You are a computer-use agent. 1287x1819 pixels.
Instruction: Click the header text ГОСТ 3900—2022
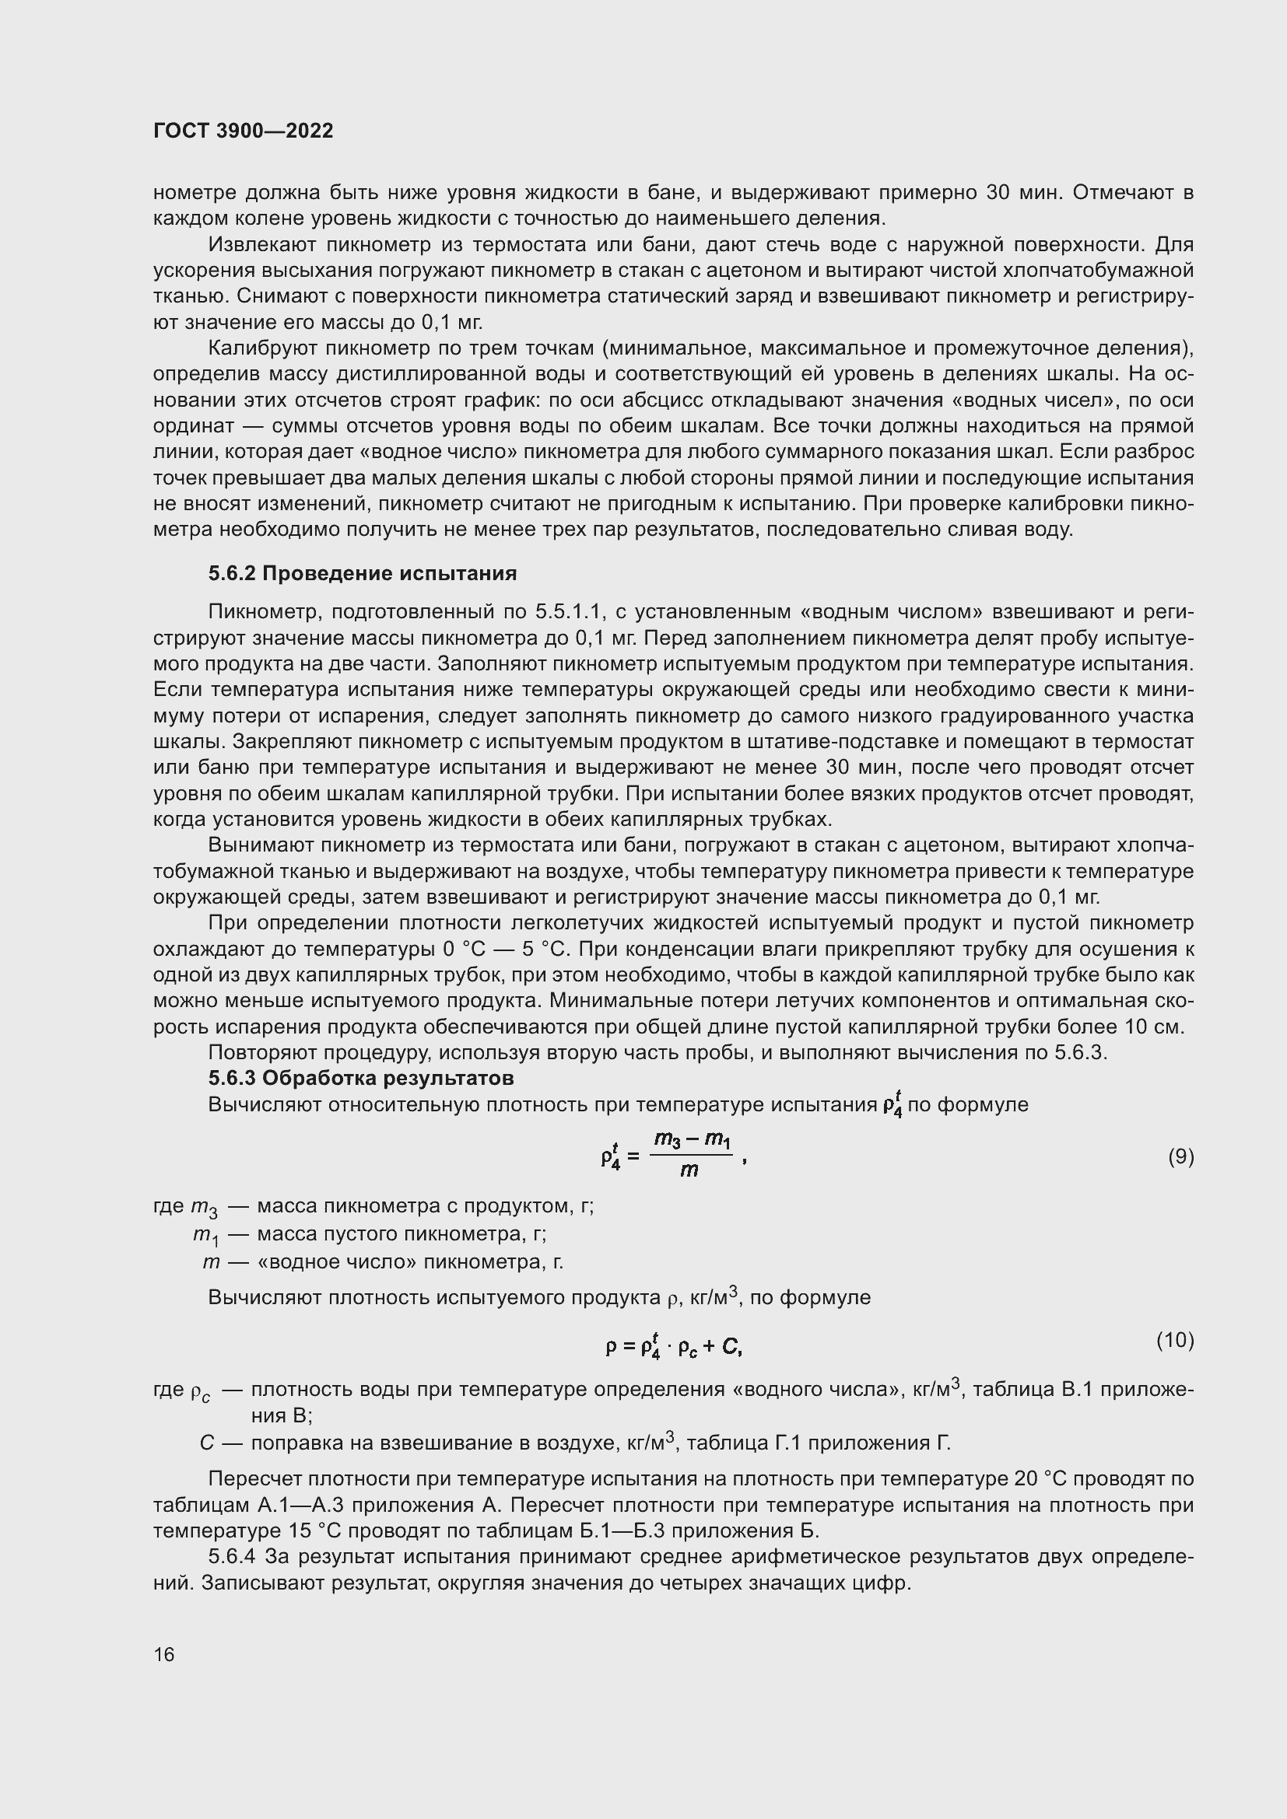244,131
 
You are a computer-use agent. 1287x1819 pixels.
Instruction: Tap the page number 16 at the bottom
164,1654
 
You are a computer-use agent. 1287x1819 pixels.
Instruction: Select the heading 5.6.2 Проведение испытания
362,574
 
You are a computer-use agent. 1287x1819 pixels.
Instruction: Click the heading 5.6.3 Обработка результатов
360,1078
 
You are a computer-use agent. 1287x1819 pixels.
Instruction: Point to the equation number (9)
1181,1157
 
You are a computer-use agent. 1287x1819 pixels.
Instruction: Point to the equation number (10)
1174,1341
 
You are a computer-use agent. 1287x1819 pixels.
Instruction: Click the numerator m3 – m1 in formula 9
691,1140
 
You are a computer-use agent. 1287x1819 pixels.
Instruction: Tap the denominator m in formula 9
689,1171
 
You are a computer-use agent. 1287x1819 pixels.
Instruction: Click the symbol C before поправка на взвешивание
207,1443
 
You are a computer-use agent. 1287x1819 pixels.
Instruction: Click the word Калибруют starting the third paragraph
262,348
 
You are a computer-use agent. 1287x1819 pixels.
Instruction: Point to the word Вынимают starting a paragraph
260,846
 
